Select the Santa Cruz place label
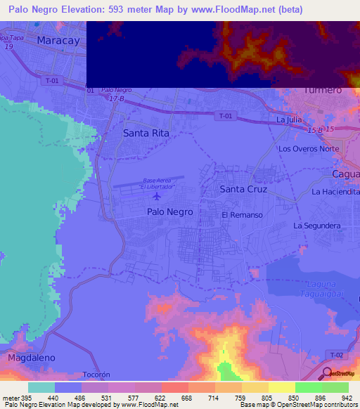point(242,189)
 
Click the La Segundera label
point(317,226)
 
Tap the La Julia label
point(289,120)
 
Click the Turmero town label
point(323,90)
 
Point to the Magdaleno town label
point(32,358)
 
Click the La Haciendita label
point(336,191)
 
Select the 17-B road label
point(116,98)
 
